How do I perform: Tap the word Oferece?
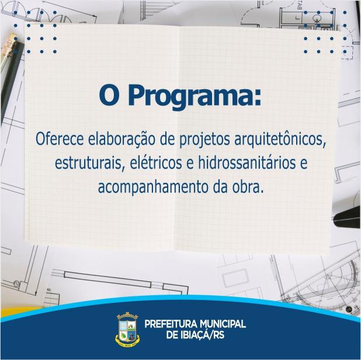(60, 139)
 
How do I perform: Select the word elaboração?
(122, 140)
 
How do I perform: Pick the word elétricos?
(156, 163)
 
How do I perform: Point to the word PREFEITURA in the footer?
(171, 324)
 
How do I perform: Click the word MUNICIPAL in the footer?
(223, 324)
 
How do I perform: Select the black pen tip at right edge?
(347, 218)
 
